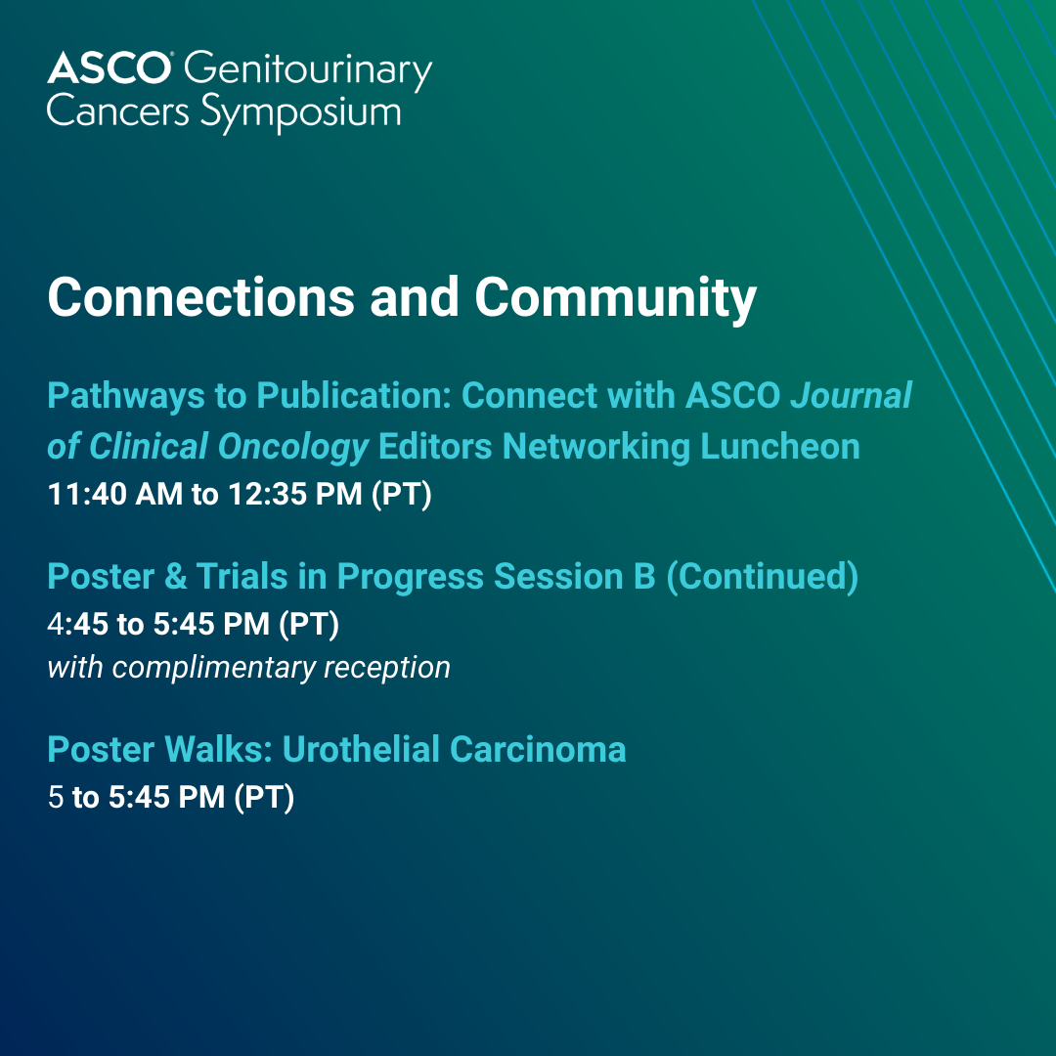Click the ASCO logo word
point(110,68)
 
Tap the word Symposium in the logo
point(300,113)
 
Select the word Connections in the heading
point(200,297)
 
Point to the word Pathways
point(126,396)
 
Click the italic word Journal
point(852,395)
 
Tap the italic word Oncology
point(293,447)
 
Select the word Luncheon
point(780,447)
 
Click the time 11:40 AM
point(115,494)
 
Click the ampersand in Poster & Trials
point(175,577)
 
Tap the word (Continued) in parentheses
point(762,577)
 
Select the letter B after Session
point(643,577)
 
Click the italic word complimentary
point(214,668)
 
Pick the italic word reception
point(387,668)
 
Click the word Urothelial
point(361,750)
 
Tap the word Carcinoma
point(538,750)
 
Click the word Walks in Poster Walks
point(218,750)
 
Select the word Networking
point(596,447)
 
